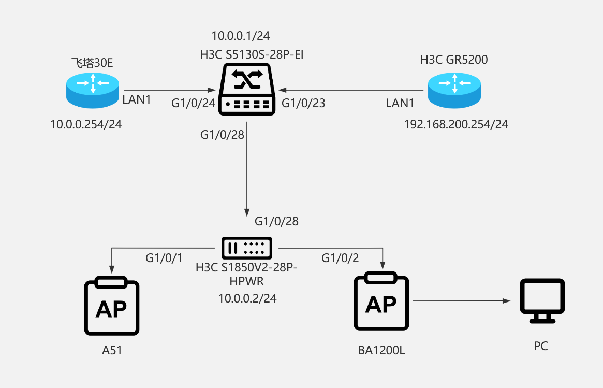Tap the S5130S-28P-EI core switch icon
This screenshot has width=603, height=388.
click(246, 89)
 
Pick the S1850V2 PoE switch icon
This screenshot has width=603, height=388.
click(246, 248)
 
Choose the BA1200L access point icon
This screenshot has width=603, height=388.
click(381, 303)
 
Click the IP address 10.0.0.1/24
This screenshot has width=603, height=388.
click(241, 36)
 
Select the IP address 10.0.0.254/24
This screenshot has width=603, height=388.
click(86, 124)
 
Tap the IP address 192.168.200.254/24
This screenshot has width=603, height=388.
click(456, 124)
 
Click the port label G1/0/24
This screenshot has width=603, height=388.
click(193, 103)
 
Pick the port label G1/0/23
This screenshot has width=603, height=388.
click(303, 103)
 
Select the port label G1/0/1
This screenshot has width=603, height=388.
click(164, 257)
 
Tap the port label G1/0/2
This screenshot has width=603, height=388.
click(340, 257)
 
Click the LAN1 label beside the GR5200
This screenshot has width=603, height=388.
click(400, 103)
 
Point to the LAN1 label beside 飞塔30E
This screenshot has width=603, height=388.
click(137, 99)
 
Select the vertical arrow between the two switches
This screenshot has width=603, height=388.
click(246, 166)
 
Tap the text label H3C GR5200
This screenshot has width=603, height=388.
click(454, 60)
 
